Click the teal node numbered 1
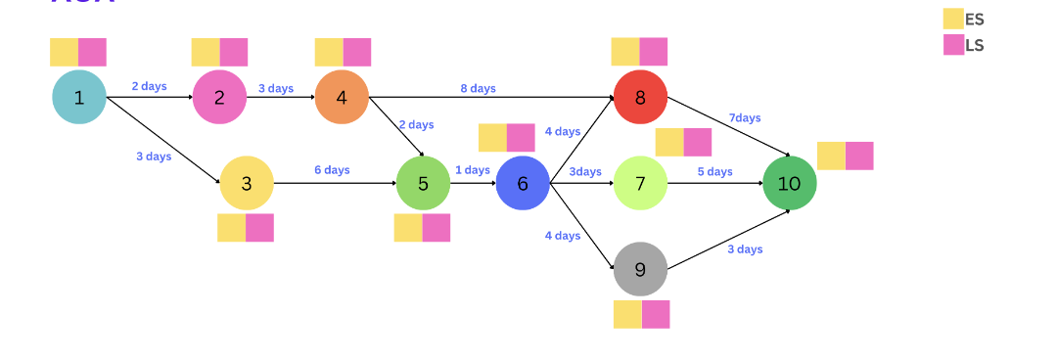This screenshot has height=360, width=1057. tap(79, 97)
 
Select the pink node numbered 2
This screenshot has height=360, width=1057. tap(219, 97)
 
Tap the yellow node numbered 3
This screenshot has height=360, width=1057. tap(246, 183)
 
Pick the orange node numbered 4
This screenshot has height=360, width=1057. tap(342, 97)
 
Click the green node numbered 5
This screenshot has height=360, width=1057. tap(423, 183)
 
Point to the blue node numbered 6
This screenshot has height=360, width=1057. tap(523, 183)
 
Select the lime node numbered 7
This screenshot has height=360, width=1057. tap(640, 183)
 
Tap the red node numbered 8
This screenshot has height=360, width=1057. tap(640, 97)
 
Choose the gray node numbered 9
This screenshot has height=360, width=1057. tap(640, 269)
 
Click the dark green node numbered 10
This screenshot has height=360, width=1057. tap(789, 183)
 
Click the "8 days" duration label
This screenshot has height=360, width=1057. tap(478, 88)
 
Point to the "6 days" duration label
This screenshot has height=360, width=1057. tap(332, 170)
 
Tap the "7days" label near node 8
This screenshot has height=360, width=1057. tap(744, 118)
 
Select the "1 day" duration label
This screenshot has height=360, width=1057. tap(472, 170)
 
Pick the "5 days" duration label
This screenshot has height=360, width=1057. tap(714, 172)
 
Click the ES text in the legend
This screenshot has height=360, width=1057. tap(975, 20)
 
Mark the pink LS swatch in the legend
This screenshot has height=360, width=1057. tap(953, 45)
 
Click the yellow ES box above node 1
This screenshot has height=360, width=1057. tap(65, 52)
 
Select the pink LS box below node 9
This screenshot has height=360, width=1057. tap(656, 314)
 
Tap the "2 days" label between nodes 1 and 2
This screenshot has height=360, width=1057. tap(149, 86)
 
